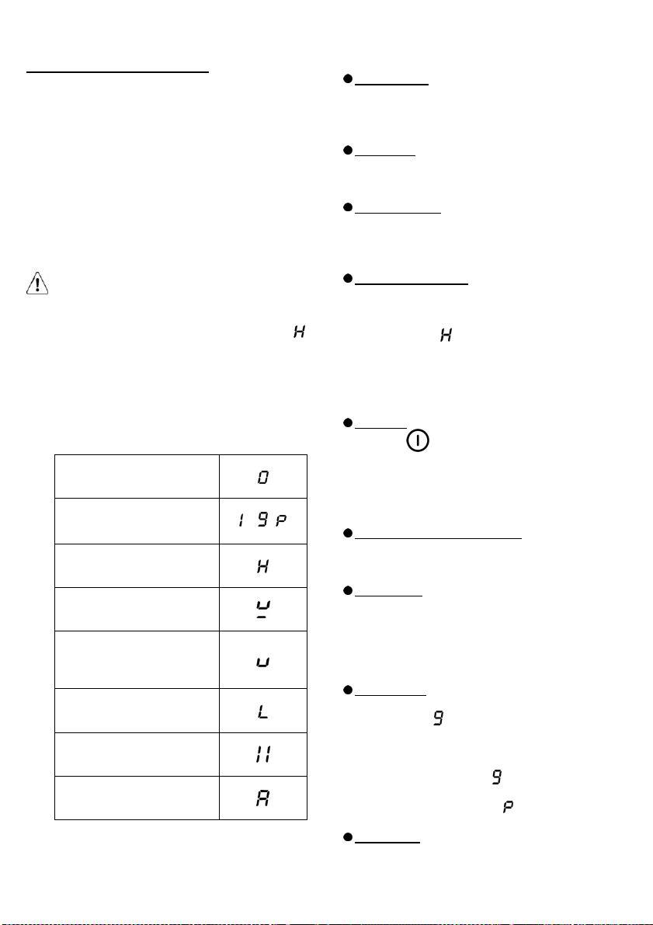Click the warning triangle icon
tap(37, 283)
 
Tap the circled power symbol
tap(418, 440)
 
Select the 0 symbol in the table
tap(263, 477)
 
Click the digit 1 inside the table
tap(241, 520)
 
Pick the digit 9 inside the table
tap(263, 520)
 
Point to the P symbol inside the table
tap(281, 521)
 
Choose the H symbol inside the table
tap(263, 566)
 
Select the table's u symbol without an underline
tap(263, 662)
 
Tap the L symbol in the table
tap(263, 711)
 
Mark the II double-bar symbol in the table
tap(263, 754)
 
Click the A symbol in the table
tap(263, 798)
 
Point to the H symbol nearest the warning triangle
tap(299, 332)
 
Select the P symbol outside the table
tap(508, 806)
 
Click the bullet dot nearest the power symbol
tap(348, 423)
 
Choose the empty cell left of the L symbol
tap(137, 711)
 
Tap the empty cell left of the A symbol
tap(137, 798)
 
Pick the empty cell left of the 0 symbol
tap(137, 477)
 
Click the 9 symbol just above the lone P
tap(497, 777)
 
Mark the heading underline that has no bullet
tap(118, 72)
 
